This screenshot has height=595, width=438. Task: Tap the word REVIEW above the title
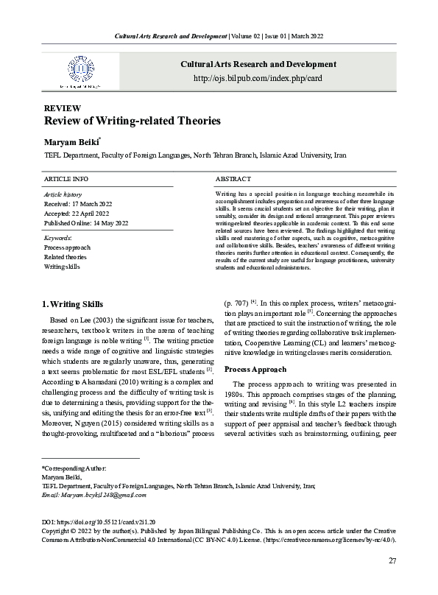tap(63, 108)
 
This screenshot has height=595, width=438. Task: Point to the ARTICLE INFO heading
tap(66, 179)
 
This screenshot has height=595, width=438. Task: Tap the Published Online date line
tap(86, 222)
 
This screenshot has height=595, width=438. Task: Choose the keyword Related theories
tap(66, 257)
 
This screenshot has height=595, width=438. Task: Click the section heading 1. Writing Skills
tap(77, 305)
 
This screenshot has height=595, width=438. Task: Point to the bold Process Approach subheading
tap(255, 368)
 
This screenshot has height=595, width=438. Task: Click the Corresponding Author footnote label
tap(74, 468)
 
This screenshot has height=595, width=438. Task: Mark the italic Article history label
tap(63, 194)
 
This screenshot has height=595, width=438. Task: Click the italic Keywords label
tap(58, 239)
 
